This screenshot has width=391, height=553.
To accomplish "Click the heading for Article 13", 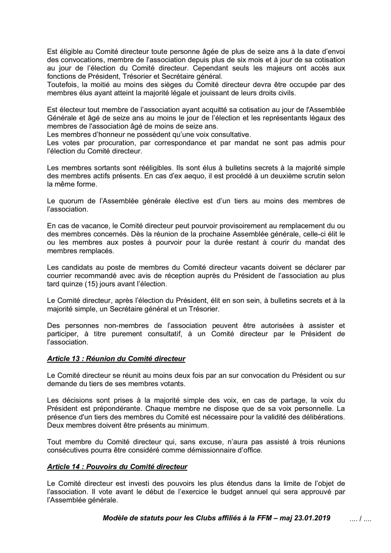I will (116, 359).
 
